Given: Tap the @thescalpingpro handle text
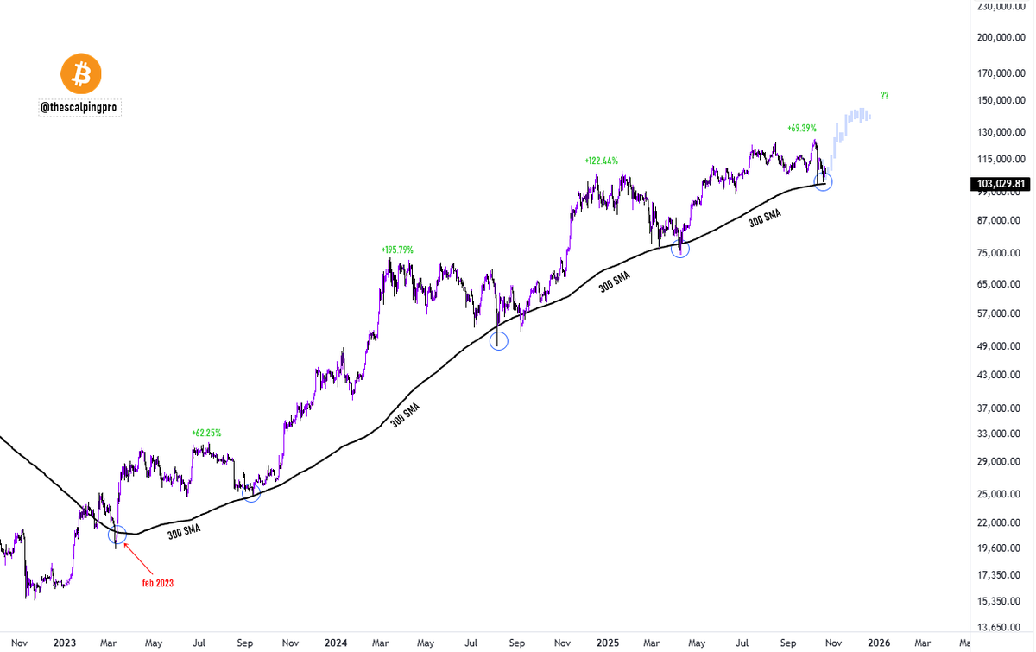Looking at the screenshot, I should (80, 108).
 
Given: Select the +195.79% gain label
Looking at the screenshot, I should (397, 250).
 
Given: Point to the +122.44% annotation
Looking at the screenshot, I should (601, 161).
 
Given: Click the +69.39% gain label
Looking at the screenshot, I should (801, 128).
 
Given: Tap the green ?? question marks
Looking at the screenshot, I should (884, 94).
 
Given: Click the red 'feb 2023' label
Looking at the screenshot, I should (158, 583).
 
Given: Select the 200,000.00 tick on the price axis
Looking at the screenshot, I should (1000, 37).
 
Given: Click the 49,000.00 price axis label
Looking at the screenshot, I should (1000, 346).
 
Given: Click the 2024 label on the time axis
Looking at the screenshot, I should (336, 643).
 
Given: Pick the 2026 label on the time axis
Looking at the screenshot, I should (878, 643).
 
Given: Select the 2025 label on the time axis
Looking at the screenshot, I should (607, 643).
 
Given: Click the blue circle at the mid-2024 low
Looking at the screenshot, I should (499, 341).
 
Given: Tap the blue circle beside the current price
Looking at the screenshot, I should (824, 182).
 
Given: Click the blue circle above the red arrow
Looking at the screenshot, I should (117, 535).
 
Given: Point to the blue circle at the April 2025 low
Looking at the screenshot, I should (680, 249).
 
